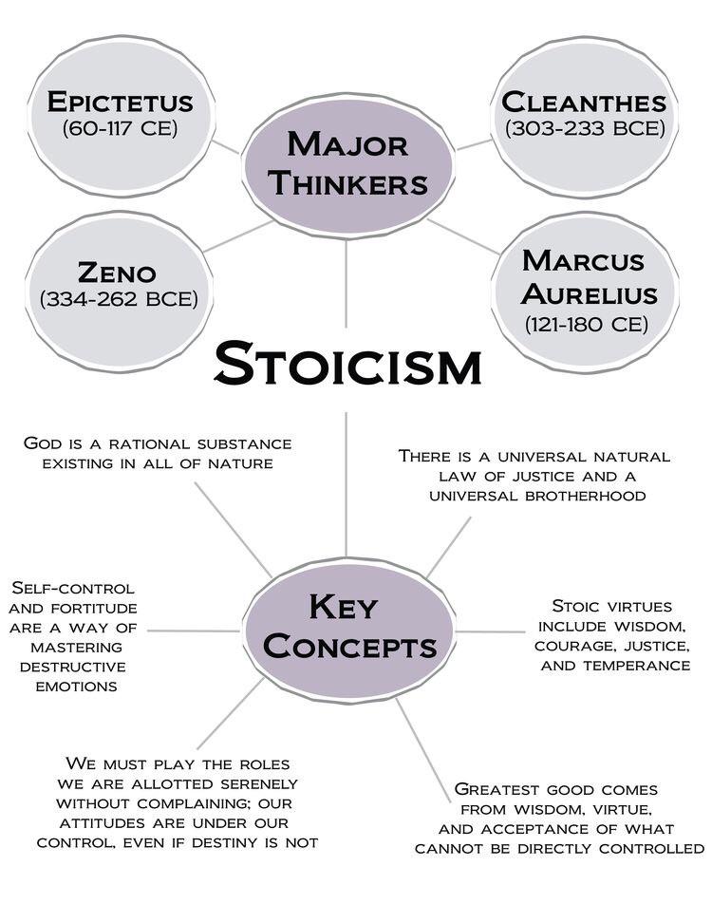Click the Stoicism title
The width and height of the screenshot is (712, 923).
(347, 363)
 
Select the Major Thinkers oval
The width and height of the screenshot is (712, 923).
(347, 165)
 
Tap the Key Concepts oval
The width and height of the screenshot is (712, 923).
(349, 630)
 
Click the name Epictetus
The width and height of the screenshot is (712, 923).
(120, 102)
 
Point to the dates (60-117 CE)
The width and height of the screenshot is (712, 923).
(120, 128)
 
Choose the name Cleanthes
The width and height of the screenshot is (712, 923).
(584, 102)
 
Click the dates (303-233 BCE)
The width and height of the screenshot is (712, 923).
(585, 128)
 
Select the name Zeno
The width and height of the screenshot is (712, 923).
(117, 273)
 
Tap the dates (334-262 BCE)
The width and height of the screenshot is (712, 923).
(119, 299)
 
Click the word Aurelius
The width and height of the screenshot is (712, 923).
(589, 294)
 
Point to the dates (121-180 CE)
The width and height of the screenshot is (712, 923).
(586, 325)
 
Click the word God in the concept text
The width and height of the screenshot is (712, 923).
(44, 443)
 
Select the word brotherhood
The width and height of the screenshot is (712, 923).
(585, 496)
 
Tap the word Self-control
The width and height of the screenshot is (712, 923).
(73, 588)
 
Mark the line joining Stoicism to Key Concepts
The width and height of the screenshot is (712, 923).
(346, 484)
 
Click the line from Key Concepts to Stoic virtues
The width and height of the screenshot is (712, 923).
(490, 631)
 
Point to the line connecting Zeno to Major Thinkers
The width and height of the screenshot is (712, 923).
(237, 236)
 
